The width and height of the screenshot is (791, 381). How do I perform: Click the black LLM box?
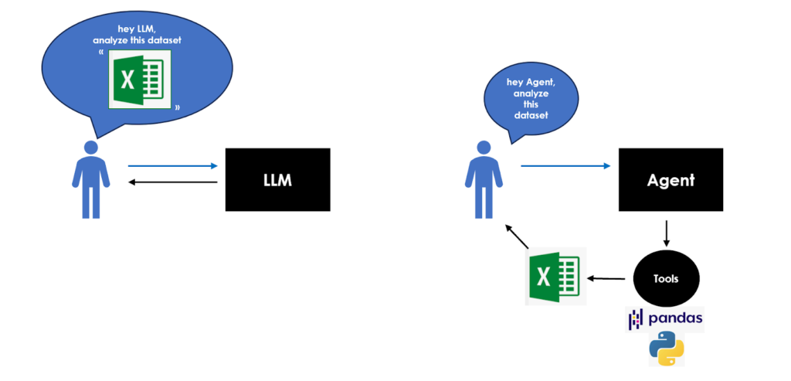pos(277,179)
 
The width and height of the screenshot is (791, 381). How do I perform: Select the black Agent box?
pos(670,179)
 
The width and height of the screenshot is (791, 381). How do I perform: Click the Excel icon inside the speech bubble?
pos(140,80)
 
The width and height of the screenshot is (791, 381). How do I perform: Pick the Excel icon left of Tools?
pos(555,277)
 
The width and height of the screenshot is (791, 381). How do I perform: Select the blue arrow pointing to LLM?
pos(173,165)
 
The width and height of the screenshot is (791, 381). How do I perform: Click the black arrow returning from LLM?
pos(173,182)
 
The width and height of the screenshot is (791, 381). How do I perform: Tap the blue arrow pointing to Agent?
pos(565,165)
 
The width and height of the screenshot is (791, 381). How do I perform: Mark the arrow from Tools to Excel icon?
pos(608,277)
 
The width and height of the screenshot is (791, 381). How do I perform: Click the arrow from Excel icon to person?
pos(517,236)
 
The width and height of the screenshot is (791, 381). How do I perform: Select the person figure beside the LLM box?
pos(91,179)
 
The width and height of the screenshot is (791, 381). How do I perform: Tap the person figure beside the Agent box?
pos(484,179)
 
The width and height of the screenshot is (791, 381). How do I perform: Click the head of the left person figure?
pos(91,148)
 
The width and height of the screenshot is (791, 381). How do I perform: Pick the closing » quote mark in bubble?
pos(177,107)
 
